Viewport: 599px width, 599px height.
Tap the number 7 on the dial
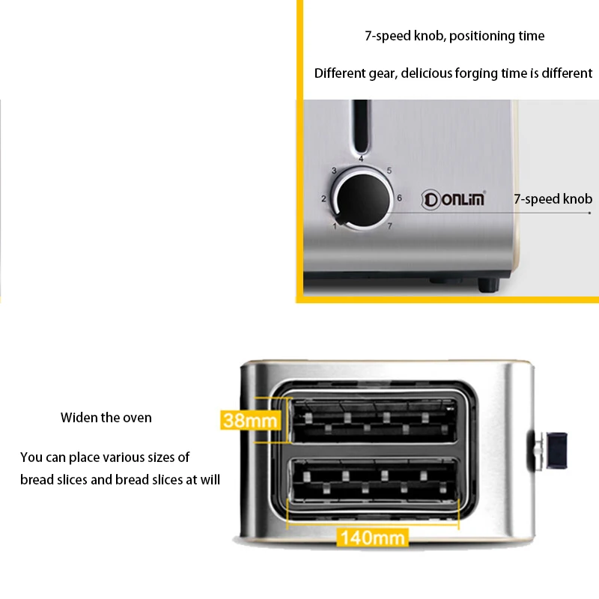tap(389, 225)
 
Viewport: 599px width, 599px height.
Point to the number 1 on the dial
tap(334, 226)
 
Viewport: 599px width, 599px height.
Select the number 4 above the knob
tap(361, 159)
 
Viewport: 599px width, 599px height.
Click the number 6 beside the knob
tap(399, 198)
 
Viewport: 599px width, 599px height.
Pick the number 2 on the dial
tap(323, 198)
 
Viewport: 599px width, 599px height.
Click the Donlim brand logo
tap(454, 199)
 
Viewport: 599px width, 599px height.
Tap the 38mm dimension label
tap(250, 420)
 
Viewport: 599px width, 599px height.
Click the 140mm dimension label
tap(372, 537)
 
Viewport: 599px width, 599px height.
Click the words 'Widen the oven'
tap(106, 418)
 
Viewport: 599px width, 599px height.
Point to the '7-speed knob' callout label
tap(553, 199)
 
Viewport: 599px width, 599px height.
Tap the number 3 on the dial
tap(333, 171)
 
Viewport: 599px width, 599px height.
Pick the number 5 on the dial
tap(389, 171)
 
